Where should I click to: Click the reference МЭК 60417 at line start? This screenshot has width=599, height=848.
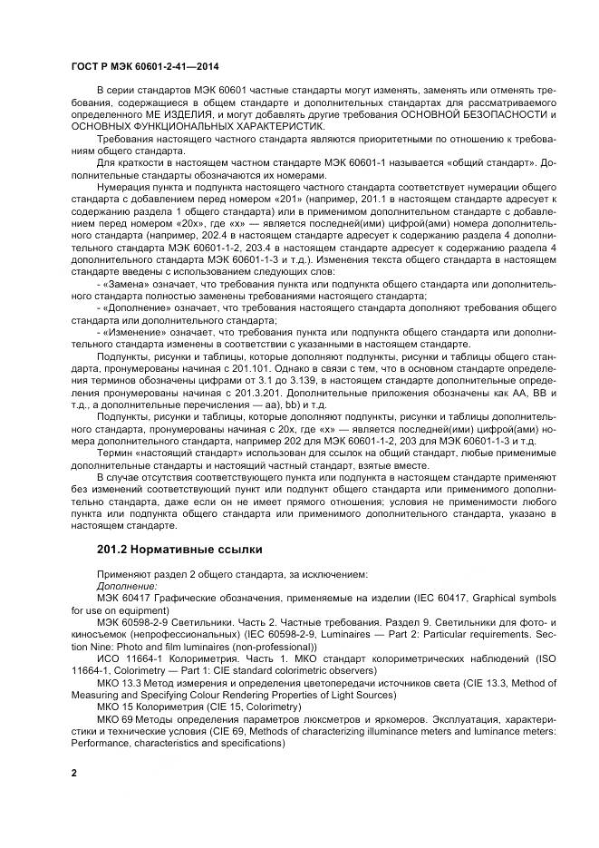[x=125, y=598]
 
